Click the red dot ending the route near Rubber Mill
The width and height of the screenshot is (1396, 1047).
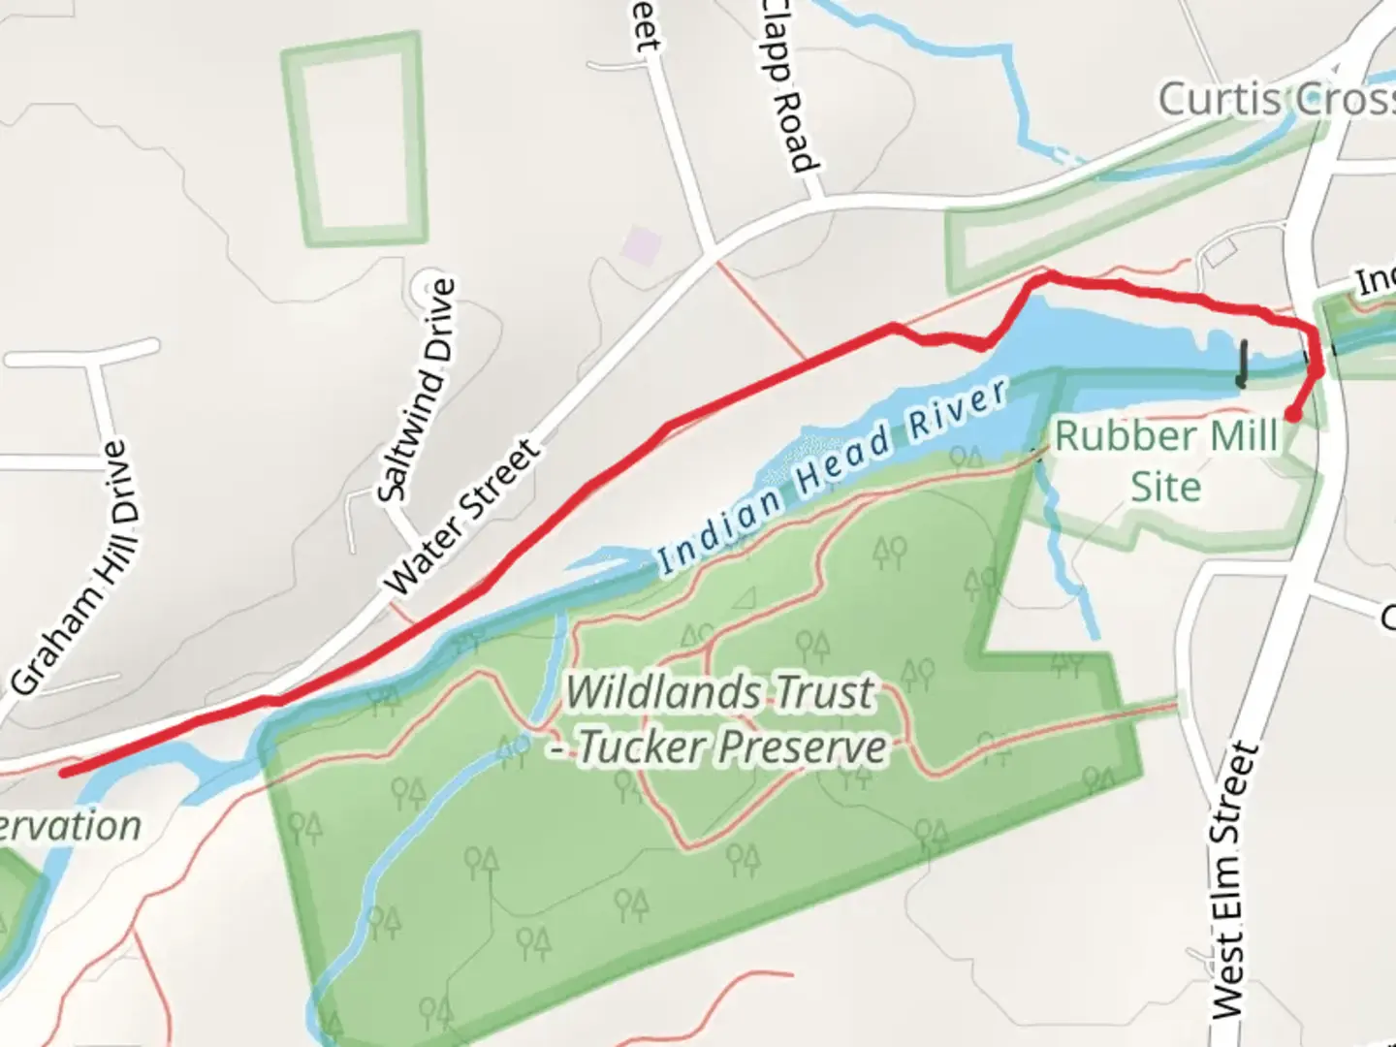tap(1292, 415)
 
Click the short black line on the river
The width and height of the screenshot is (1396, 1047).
tap(1242, 364)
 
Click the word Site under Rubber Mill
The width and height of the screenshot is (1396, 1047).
tap(1165, 486)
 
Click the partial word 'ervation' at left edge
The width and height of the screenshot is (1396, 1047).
tap(70, 827)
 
